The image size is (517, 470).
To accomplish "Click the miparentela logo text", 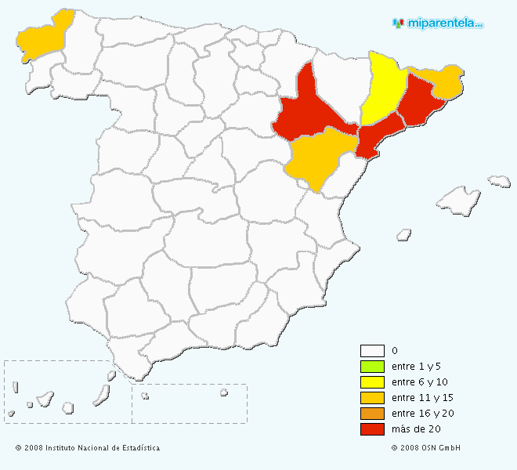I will coord(443,23).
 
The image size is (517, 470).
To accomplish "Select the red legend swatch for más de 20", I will coord(372,429).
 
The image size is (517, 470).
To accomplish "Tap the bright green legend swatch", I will coord(372,367).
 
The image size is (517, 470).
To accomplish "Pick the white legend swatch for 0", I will coord(372,351).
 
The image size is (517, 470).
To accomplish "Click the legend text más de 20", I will coord(417,429).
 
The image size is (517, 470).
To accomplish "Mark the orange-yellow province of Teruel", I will coord(317,157).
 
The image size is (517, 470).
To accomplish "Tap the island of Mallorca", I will coord(458,201).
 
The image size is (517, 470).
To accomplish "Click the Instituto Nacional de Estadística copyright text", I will coord(88,448).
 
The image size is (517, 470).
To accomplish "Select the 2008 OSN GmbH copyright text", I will coord(425,448).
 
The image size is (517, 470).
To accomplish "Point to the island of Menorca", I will coord(499,181).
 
